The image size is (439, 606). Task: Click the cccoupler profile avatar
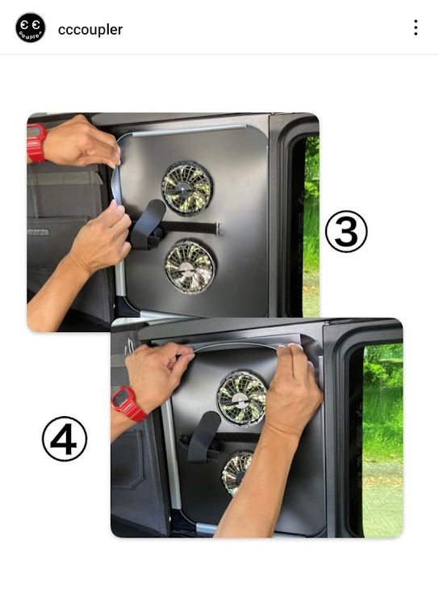tap(31, 27)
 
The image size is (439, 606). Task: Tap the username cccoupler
tap(90, 29)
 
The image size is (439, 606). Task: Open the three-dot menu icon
tap(416, 27)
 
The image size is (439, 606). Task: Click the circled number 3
tap(346, 231)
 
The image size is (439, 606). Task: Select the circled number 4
tap(65, 439)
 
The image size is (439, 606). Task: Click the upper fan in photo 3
tap(187, 188)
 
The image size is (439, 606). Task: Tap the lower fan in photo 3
tap(190, 267)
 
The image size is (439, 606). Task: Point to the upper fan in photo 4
tap(241, 398)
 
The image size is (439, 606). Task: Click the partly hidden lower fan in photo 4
tap(236, 473)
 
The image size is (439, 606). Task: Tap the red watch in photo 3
tap(36, 142)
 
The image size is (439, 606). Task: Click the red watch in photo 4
tap(128, 403)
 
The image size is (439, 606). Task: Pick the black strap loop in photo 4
tap(203, 436)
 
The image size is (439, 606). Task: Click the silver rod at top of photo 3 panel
tap(188, 130)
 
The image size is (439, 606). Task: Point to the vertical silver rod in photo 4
tap(171, 454)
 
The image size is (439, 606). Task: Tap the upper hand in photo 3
tap(83, 142)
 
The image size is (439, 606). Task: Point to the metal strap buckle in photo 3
tap(218, 229)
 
